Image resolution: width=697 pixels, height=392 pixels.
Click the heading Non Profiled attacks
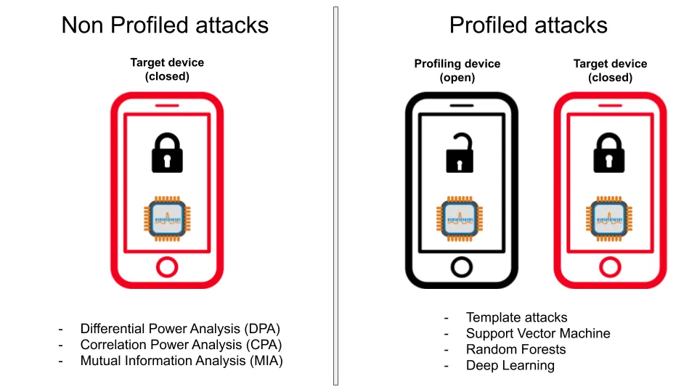pyautogui.click(x=165, y=25)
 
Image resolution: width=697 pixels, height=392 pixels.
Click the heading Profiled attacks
pyautogui.click(x=528, y=25)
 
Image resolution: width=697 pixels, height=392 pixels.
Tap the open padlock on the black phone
pyautogui.click(x=460, y=152)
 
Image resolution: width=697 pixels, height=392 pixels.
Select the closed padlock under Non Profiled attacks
pyautogui.click(x=167, y=152)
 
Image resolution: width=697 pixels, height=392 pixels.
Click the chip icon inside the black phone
pyautogui.click(x=460, y=219)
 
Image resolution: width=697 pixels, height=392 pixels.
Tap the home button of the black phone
pyautogui.click(x=462, y=267)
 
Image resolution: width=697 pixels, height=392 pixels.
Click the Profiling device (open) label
pyautogui.click(x=457, y=70)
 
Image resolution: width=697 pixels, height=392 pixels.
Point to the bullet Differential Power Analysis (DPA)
pyautogui.click(x=180, y=328)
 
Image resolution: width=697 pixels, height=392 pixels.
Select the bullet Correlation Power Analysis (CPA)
pyautogui.click(x=181, y=344)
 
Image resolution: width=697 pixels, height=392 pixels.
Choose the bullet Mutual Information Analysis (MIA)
pyautogui.click(x=182, y=361)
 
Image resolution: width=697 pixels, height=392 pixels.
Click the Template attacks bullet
pyautogui.click(x=516, y=317)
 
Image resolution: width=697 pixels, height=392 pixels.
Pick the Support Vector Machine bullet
pyautogui.click(x=538, y=333)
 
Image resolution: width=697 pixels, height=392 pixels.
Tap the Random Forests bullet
pyautogui.click(x=515, y=349)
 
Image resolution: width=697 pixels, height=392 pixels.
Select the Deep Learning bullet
pyautogui.click(x=510, y=365)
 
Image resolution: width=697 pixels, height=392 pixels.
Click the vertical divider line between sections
pyautogui.click(x=335, y=196)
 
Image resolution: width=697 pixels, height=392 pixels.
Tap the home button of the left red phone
pyautogui.click(x=167, y=267)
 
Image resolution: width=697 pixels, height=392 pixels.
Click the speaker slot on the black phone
pyautogui.click(x=462, y=105)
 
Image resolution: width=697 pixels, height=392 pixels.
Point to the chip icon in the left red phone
pyautogui.click(x=167, y=219)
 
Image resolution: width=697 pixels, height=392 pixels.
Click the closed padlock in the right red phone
pyautogui.click(x=609, y=152)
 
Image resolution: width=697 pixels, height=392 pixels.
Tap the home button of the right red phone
pyautogui.click(x=610, y=267)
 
